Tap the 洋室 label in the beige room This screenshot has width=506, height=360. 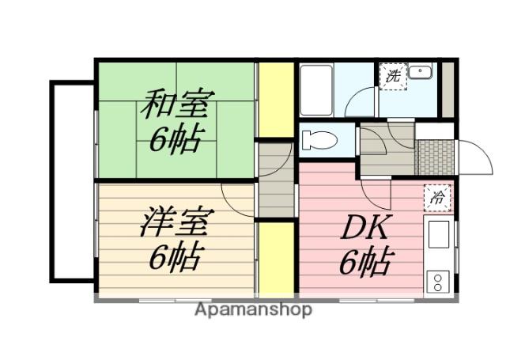[175, 222]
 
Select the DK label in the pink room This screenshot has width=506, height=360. [364, 229]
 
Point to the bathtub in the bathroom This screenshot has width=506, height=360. [317, 89]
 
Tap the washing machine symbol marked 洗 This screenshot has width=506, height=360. [393, 77]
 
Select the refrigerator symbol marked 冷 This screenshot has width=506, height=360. [436, 198]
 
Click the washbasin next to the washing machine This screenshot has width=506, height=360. [421, 74]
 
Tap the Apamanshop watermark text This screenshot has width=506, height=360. [253, 309]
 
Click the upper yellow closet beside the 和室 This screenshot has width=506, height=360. [277, 99]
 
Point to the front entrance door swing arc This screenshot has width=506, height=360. [476, 158]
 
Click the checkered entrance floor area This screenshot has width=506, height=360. [435, 157]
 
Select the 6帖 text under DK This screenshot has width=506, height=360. [366, 263]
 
